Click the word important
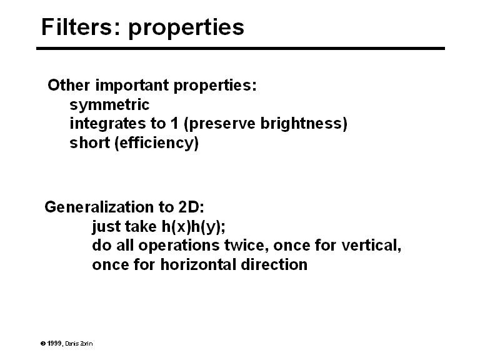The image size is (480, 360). click(x=130, y=86)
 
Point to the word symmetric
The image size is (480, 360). click(x=109, y=104)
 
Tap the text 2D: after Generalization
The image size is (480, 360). click(x=187, y=207)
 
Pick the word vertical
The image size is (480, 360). click(x=372, y=245)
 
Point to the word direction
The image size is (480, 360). click(x=276, y=264)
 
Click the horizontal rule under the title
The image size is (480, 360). click(x=241, y=48)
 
